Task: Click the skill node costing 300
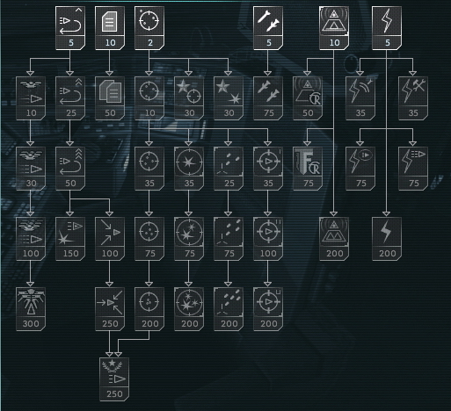(31, 309)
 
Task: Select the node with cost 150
(70, 239)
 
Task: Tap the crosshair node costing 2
(149, 28)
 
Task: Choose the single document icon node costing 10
(110, 28)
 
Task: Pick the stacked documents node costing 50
(110, 98)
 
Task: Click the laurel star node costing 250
(114, 379)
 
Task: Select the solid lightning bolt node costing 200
(387, 239)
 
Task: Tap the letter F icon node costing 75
(308, 169)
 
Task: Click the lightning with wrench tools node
(413, 98)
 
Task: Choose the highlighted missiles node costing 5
(268, 28)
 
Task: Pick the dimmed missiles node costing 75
(268, 98)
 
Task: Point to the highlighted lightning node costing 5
(387, 28)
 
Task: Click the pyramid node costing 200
(334, 239)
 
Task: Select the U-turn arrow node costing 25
(70, 98)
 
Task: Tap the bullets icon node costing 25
(229, 169)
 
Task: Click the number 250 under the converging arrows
(110, 324)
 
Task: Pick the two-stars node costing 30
(229, 98)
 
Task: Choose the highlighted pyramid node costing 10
(334, 28)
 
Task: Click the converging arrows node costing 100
(110, 239)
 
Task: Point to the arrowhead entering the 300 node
(31, 285)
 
